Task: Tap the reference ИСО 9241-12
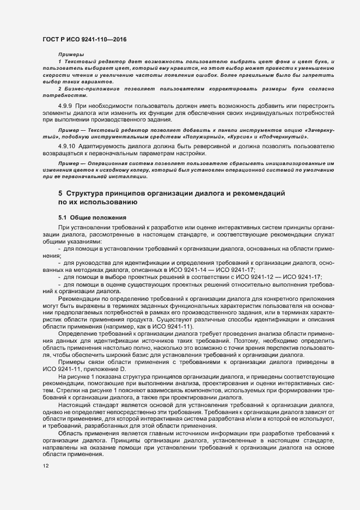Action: click(250, 277)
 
